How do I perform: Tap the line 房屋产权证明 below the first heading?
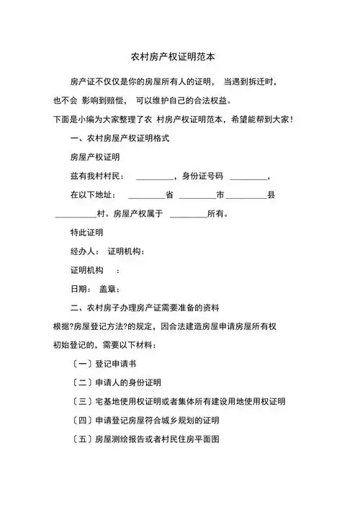point(95,156)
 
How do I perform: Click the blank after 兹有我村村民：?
point(155,176)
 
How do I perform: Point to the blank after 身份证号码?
point(248,176)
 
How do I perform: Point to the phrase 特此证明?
point(86,233)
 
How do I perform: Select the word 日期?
point(78,290)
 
